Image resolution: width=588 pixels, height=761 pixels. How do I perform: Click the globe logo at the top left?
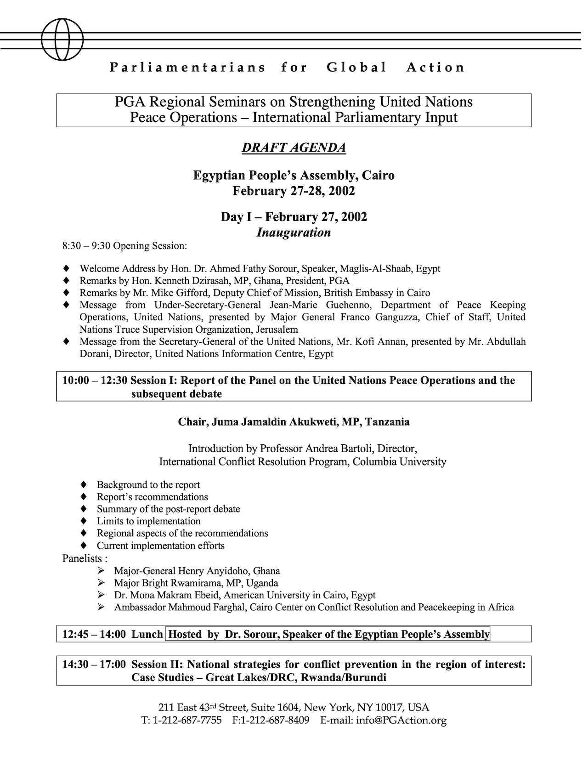click(x=62, y=39)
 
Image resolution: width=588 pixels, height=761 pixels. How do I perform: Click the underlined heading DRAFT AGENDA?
click(x=294, y=148)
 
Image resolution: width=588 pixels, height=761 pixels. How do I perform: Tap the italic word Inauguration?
click(x=294, y=233)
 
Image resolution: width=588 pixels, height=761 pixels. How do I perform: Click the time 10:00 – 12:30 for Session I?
click(x=95, y=380)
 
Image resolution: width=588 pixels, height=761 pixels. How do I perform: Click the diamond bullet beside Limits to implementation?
click(x=84, y=521)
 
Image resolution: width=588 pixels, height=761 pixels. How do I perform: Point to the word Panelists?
click(x=82, y=559)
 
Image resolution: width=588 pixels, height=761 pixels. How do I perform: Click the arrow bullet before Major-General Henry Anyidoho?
click(x=101, y=571)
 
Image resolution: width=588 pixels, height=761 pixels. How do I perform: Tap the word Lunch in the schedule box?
click(x=147, y=634)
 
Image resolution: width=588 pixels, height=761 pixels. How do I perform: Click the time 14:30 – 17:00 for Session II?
click(x=94, y=664)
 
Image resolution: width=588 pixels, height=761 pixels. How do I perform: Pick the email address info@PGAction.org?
click(x=401, y=721)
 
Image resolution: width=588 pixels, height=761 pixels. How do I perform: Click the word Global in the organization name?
click(x=357, y=68)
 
